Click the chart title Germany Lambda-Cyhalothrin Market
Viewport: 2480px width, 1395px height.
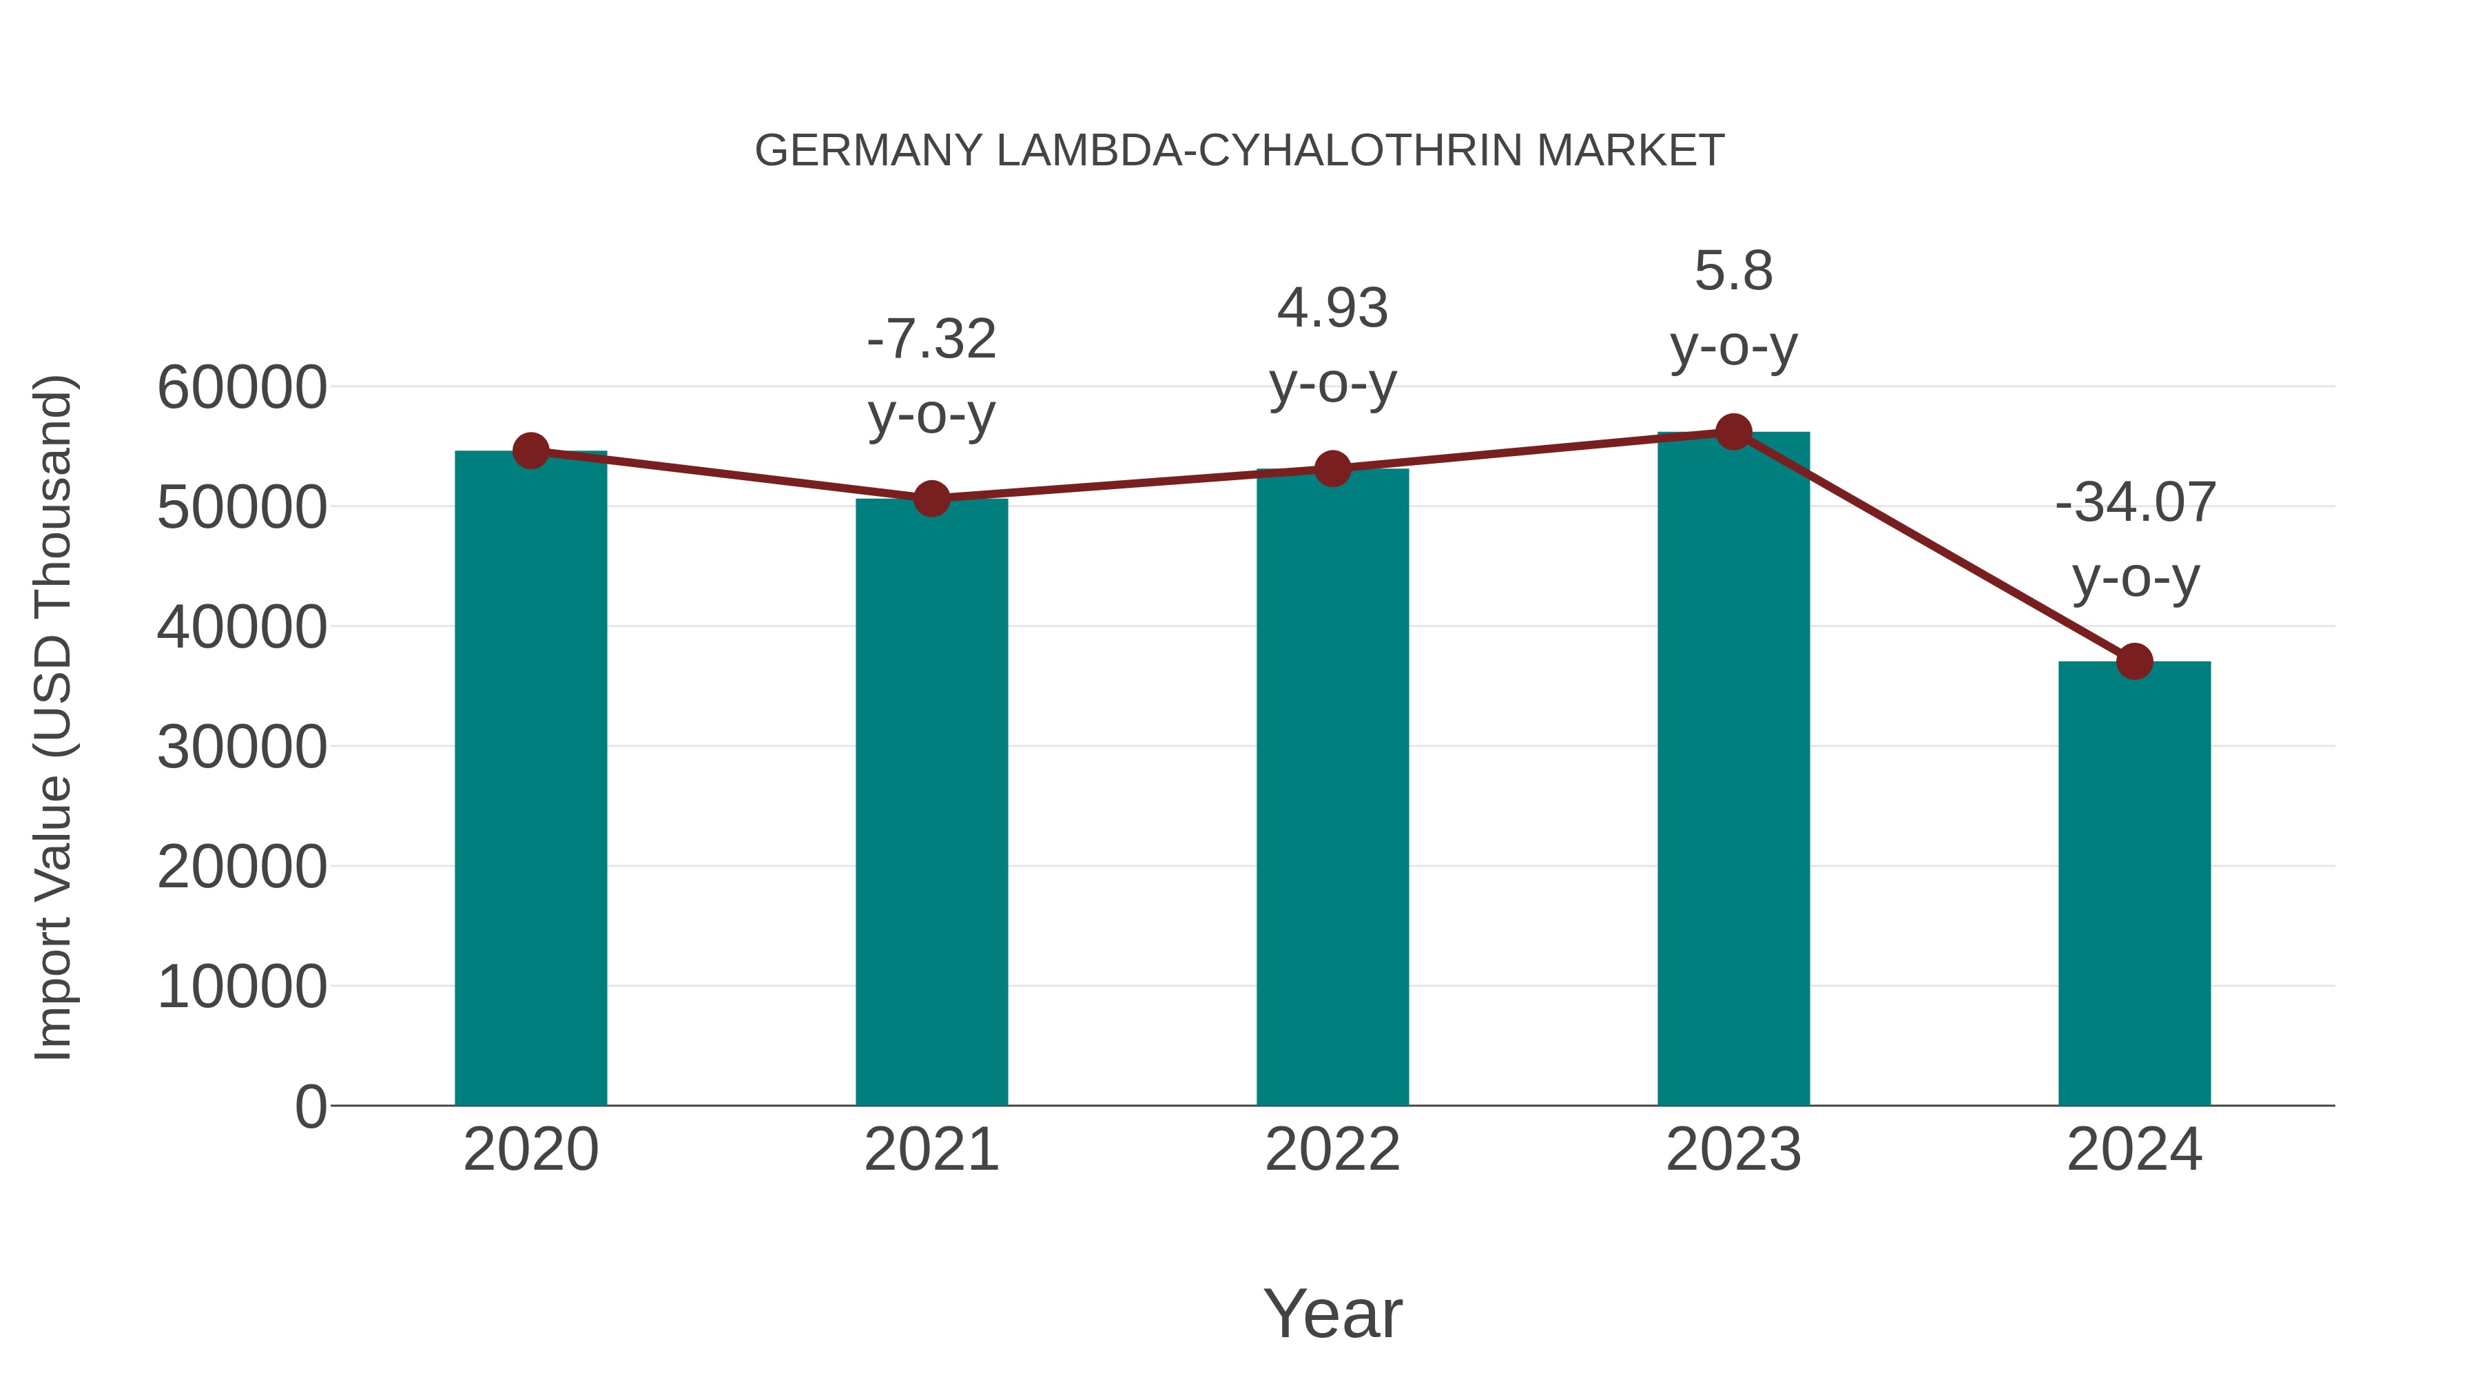click(x=1239, y=151)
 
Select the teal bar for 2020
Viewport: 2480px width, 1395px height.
click(x=530, y=780)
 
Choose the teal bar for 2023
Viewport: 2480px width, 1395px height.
click(x=1733, y=770)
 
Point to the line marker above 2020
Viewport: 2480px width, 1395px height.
click(x=530, y=451)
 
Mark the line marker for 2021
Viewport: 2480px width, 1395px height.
click(x=931, y=499)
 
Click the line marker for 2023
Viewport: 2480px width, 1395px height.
click(x=1733, y=432)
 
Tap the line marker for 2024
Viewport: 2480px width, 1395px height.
click(x=2134, y=661)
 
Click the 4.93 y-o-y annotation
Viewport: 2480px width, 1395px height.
click(x=1332, y=346)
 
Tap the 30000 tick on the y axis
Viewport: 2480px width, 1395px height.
click(x=242, y=747)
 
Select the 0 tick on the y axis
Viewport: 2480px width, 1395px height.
click(x=311, y=1106)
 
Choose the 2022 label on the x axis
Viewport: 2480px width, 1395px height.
click(x=1332, y=1150)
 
